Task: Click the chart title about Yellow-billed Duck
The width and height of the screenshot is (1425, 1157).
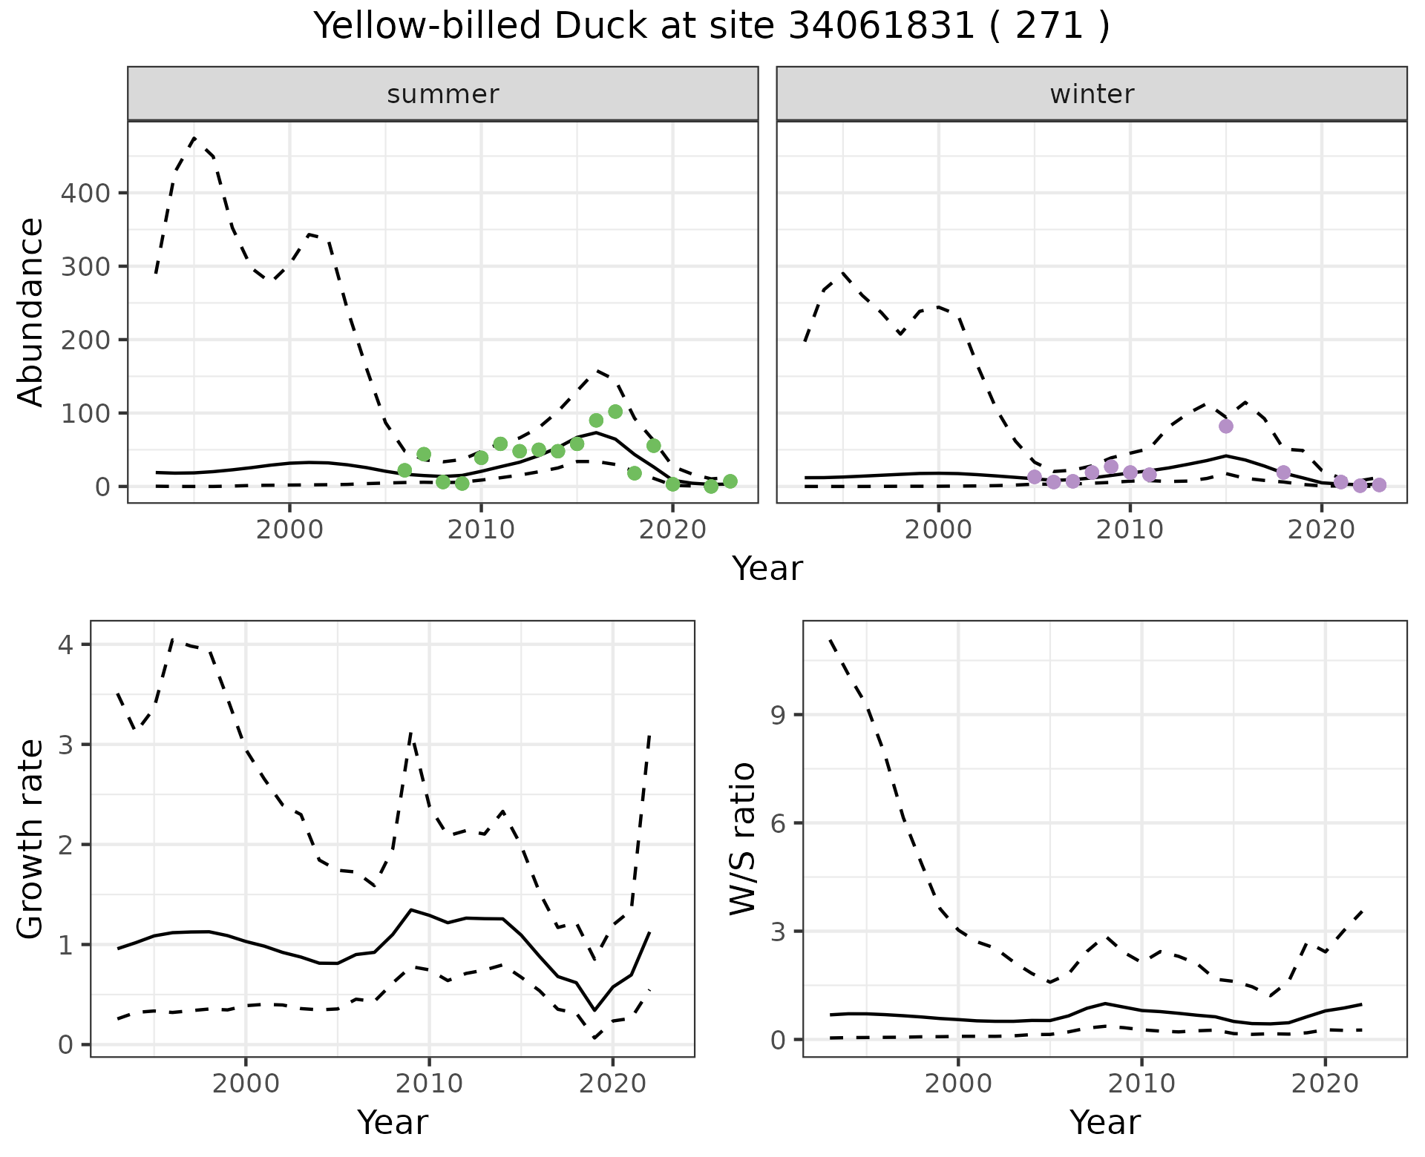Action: click(712, 27)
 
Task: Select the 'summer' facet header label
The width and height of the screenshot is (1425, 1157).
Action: click(443, 94)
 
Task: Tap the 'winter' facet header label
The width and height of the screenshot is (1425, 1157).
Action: click(1092, 94)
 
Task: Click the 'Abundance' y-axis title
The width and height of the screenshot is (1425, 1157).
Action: click(30, 312)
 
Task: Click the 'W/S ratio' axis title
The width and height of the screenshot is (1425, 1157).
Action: click(743, 839)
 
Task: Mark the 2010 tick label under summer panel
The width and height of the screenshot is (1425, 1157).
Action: click(481, 530)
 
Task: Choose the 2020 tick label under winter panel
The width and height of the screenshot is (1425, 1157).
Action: click(1321, 530)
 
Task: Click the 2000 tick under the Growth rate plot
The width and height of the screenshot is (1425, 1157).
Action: click(246, 1084)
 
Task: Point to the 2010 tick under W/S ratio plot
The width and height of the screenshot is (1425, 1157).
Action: click(1141, 1084)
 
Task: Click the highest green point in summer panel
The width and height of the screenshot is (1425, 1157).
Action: click(615, 412)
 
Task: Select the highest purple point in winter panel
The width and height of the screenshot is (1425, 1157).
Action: click(1225, 426)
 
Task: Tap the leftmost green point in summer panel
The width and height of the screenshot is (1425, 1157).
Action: click(404, 470)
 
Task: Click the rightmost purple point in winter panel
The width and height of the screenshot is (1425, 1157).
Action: click(1379, 485)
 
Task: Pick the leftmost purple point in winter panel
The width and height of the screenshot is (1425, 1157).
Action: click(1035, 476)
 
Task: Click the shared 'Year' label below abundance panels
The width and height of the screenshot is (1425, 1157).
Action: click(767, 569)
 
